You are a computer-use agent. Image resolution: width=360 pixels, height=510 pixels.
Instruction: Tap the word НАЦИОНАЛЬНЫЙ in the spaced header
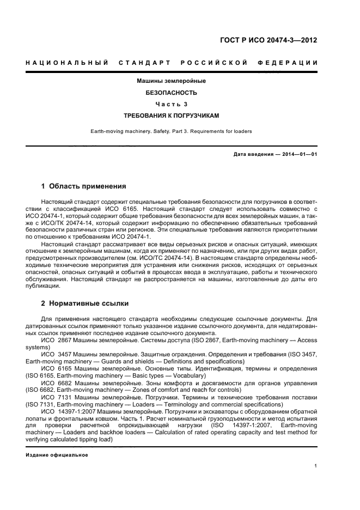(66, 63)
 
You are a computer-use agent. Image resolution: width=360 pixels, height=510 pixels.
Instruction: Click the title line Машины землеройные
(171, 81)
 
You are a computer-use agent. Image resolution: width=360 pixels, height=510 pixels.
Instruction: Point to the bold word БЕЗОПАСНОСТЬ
(171, 93)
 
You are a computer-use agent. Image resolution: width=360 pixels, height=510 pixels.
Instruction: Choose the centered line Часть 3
(171, 104)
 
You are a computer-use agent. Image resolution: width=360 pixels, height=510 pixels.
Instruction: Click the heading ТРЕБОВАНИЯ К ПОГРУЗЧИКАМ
(171, 116)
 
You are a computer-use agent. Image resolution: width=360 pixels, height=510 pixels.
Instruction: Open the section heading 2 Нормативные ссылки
(85, 302)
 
